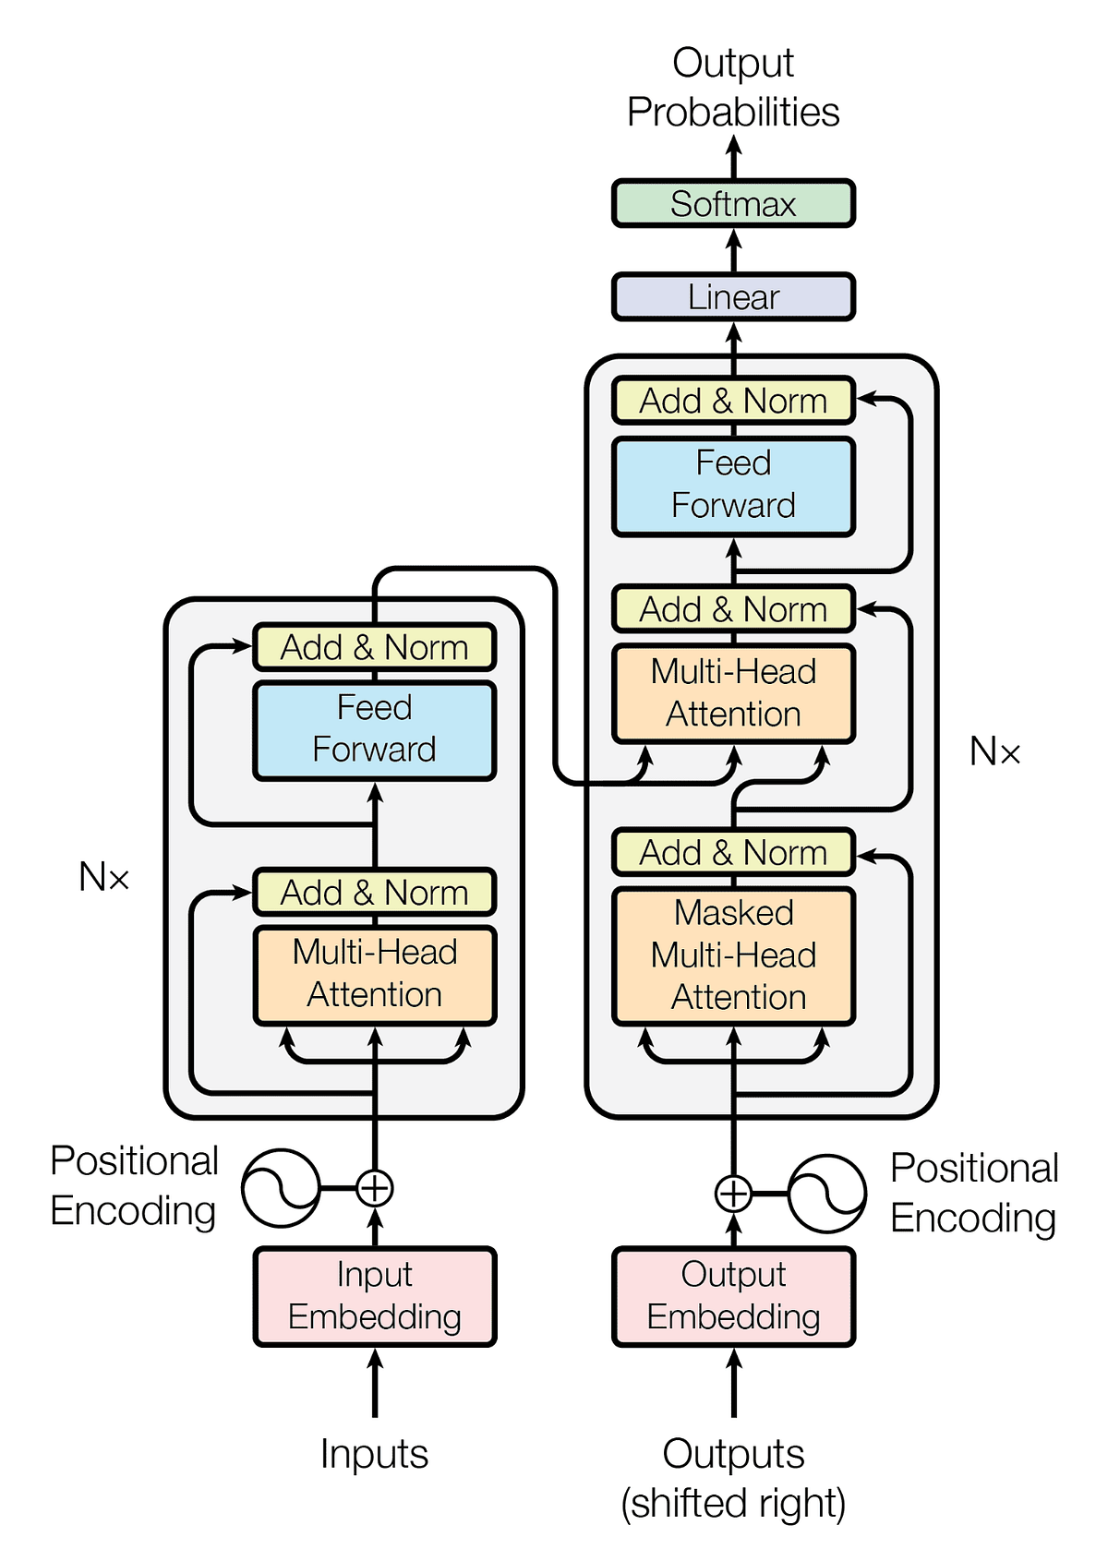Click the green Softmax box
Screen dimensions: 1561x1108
coord(733,204)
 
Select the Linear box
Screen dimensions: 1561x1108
coord(733,297)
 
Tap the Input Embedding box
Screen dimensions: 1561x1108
coord(374,1296)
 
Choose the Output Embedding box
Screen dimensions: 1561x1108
coord(733,1296)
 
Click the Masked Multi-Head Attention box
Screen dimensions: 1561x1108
coord(733,955)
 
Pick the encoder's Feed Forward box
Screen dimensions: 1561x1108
coord(374,729)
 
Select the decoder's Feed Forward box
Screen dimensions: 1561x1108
coord(733,486)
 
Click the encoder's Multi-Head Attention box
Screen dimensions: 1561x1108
coord(374,974)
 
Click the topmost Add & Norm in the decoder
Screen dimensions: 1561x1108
coord(733,401)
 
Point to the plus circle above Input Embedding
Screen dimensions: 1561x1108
coord(375,1188)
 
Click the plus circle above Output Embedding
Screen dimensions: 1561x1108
coord(733,1193)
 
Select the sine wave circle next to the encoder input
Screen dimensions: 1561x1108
coord(281,1188)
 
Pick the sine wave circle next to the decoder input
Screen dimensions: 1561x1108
coord(827,1193)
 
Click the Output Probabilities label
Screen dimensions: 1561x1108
coord(733,88)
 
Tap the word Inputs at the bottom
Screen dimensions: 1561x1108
coord(374,1454)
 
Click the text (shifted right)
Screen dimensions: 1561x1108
coord(733,1503)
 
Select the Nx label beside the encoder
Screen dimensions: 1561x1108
coord(103,877)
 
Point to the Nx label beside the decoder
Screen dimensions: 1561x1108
coord(994,752)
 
